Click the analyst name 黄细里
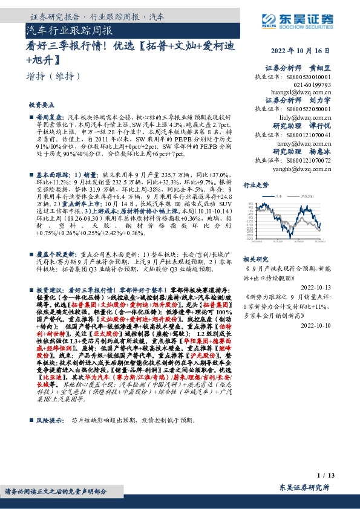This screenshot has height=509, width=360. click(x=321, y=68)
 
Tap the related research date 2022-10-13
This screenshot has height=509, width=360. click(x=315, y=288)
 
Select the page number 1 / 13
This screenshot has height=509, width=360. click(x=325, y=476)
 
